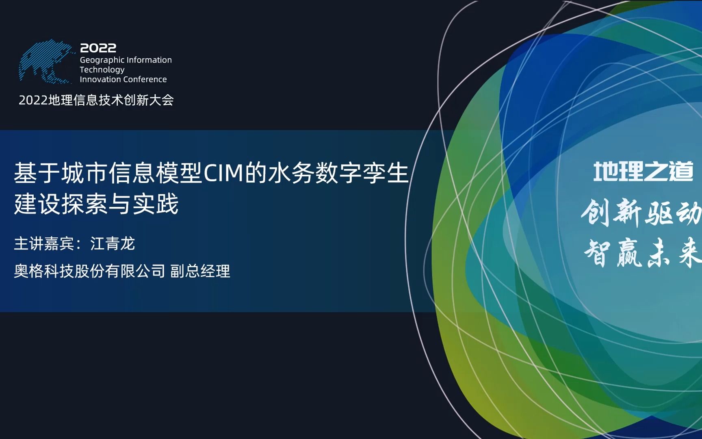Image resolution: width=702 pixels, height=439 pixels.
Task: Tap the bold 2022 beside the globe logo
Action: point(98,48)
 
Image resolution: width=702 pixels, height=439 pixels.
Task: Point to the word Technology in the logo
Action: point(102,70)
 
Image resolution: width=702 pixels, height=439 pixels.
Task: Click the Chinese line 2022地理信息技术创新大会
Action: point(96,100)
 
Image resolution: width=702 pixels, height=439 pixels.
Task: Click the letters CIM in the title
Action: point(223,173)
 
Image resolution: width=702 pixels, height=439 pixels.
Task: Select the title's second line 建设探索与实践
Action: point(96,204)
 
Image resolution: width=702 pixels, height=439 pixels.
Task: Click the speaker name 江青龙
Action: point(113,244)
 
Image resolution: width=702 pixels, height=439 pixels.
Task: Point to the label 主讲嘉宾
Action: point(44,244)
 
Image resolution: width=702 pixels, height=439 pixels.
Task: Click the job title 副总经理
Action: point(200,271)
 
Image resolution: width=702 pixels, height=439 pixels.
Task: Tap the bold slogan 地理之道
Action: point(643,172)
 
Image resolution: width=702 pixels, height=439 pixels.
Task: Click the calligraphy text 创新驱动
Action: point(641,213)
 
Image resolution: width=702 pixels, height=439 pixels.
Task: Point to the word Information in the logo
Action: point(150,60)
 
